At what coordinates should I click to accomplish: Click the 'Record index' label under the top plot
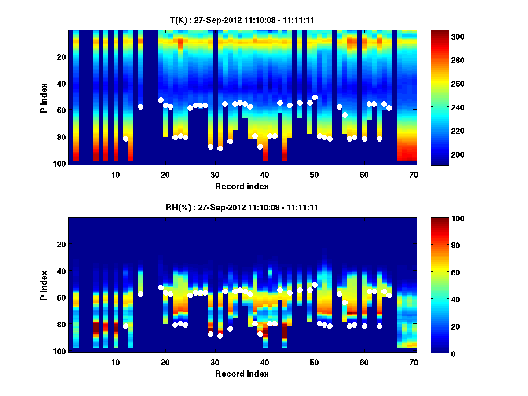(x=242, y=186)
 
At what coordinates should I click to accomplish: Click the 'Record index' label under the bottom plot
(x=242, y=374)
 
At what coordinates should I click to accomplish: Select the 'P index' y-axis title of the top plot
(x=44, y=98)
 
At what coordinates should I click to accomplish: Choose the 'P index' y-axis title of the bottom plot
(x=44, y=285)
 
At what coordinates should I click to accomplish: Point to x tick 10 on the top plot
(x=115, y=175)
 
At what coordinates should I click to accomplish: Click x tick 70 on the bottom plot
(x=414, y=362)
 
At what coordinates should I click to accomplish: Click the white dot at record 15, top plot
(x=140, y=106)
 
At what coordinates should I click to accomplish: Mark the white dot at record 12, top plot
(x=125, y=139)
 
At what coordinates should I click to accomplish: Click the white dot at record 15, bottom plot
(x=140, y=294)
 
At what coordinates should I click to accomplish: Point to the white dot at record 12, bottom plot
(x=125, y=326)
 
